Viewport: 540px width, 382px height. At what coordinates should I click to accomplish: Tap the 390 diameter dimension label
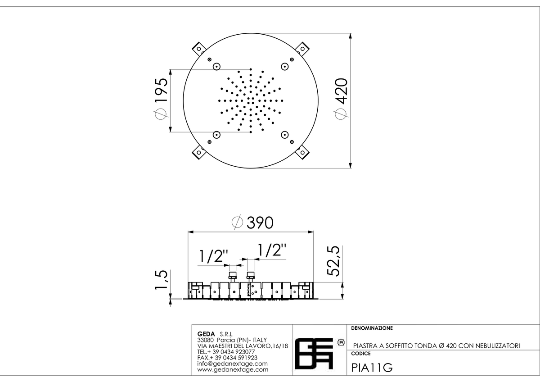pyautogui.click(x=252, y=222)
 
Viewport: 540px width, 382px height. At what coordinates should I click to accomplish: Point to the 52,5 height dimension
pyautogui.click(x=333, y=261)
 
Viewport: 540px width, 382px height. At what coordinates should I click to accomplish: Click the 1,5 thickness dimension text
pyautogui.click(x=161, y=280)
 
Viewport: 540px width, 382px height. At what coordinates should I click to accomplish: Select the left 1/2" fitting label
pyautogui.click(x=214, y=256)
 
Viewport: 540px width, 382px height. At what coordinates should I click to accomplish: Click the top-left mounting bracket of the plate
pyautogui.click(x=198, y=49)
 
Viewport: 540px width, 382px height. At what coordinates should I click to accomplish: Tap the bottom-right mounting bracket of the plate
pyautogui.click(x=302, y=152)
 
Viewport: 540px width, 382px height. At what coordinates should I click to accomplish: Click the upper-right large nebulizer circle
pyautogui.click(x=285, y=67)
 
